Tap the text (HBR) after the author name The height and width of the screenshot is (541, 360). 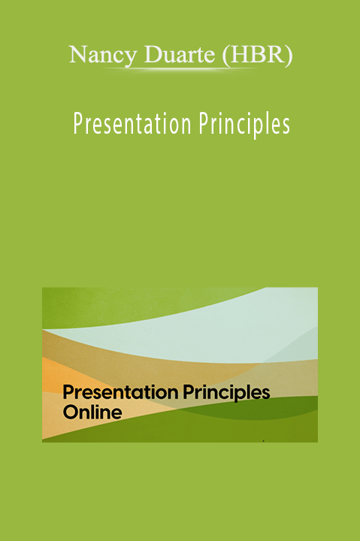(258, 55)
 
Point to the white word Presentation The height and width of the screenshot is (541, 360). (132, 124)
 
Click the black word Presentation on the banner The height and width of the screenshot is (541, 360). (120, 392)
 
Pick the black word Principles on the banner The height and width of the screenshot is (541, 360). (226, 393)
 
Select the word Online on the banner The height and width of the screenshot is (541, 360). (92, 413)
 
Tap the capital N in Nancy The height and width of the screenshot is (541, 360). (77, 55)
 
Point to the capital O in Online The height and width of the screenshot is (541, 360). (71, 413)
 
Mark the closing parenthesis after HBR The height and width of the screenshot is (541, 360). (289, 56)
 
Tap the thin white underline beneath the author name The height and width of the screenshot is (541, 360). (181, 69)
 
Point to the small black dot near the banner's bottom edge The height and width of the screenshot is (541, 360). (264, 440)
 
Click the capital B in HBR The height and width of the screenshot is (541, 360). (257, 55)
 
